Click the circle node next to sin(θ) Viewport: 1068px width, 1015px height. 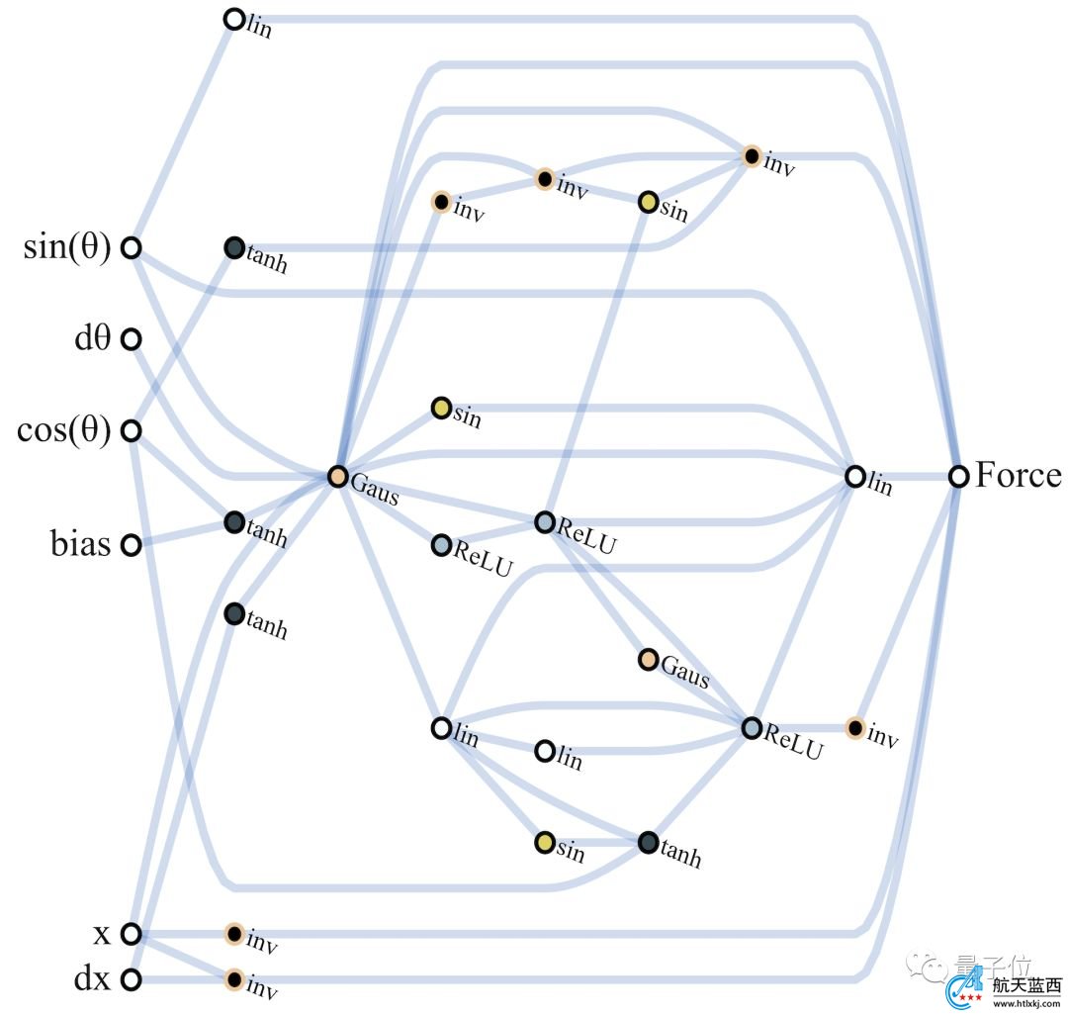(x=131, y=248)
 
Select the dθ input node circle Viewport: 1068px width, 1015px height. (x=131, y=340)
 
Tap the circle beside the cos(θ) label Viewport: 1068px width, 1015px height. (x=131, y=431)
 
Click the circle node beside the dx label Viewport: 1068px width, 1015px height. (x=131, y=980)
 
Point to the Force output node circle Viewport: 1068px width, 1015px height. (x=958, y=477)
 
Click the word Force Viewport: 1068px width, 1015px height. (x=1018, y=476)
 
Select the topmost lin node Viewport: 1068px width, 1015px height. (x=234, y=19)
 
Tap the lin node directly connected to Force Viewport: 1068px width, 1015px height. (x=855, y=477)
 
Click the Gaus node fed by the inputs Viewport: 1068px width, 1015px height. (x=338, y=477)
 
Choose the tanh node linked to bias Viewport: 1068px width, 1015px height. (x=234, y=522)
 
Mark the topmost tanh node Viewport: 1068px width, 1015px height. (x=234, y=248)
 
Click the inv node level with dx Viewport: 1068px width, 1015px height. (x=234, y=979)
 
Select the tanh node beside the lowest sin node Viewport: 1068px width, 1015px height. (x=649, y=843)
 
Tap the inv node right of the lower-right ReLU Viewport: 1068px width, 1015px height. (x=855, y=728)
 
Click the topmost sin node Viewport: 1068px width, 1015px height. (x=649, y=203)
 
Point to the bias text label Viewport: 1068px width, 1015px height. (x=80, y=544)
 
